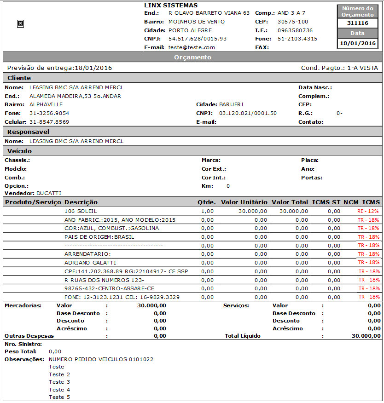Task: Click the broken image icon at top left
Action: point(20,23)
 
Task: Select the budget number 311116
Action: point(358,23)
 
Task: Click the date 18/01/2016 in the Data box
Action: point(358,43)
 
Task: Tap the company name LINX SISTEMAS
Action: point(171,6)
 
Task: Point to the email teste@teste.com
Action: point(192,47)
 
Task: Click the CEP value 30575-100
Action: point(293,22)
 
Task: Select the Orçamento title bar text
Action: point(192,58)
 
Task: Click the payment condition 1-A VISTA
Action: point(363,68)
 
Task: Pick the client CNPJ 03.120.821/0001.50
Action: point(248,113)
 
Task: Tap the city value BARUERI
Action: point(231,104)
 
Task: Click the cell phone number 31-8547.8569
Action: point(49,122)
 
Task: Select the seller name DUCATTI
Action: point(49,193)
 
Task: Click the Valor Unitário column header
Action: point(244,202)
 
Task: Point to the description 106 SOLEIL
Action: point(81,211)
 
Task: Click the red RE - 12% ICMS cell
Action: point(368,211)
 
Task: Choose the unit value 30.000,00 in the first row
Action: point(252,211)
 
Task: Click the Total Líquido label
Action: point(242,336)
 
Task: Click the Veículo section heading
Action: point(20,151)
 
